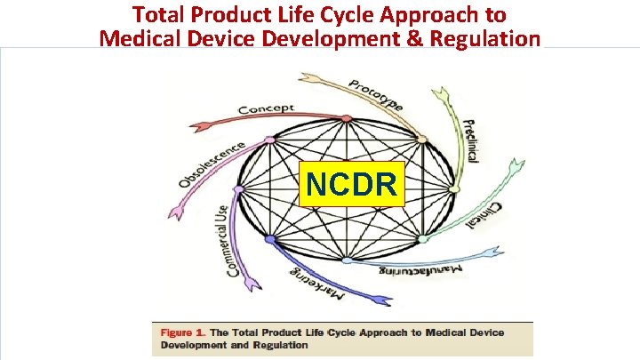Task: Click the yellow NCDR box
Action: tap(351, 184)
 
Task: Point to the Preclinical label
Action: tap(471, 141)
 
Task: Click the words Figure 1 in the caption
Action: tap(181, 332)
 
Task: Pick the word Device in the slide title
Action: tap(220, 38)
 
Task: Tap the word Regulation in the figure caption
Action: tap(279, 345)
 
